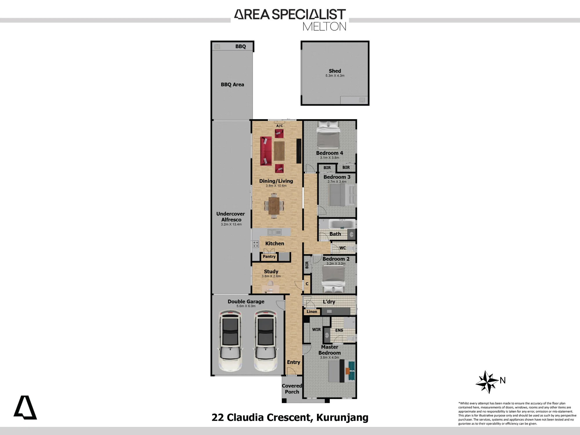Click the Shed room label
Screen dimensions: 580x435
pos(335,71)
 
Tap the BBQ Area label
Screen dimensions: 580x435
pos(232,84)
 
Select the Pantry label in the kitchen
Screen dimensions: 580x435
pos(269,256)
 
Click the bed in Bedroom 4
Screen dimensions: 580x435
pos(328,135)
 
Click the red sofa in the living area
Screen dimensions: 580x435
pos(266,151)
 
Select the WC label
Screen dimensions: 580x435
pos(342,248)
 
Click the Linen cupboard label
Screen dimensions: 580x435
pos(312,311)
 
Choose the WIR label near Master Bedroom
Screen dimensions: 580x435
pos(316,329)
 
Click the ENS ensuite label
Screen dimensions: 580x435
pos(339,330)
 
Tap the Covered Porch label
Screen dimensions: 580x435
pos(292,389)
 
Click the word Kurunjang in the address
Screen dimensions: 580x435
pos(342,418)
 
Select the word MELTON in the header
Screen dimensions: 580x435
pos(325,26)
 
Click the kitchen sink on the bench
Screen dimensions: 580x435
pos(274,232)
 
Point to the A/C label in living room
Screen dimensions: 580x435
pos(280,126)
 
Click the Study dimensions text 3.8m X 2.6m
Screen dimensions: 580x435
pos(271,276)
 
